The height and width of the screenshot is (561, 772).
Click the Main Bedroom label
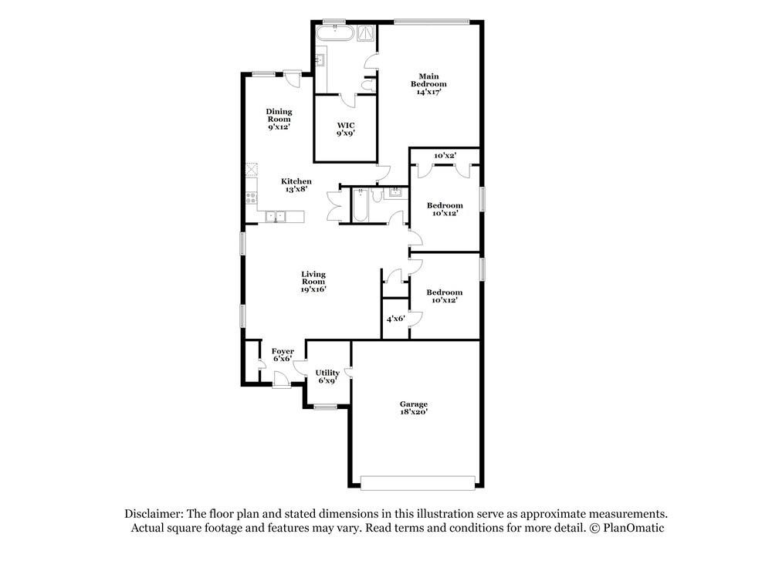(432, 83)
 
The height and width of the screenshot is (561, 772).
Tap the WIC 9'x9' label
(345, 129)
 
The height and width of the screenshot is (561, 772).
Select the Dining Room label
(279, 119)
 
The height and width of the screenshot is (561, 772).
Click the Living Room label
(313, 282)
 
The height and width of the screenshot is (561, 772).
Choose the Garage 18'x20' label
(413, 408)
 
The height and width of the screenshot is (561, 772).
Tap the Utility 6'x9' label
(327, 377)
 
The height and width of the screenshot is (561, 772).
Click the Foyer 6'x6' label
(282, 355)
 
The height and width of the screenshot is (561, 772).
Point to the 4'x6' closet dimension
(395, 318)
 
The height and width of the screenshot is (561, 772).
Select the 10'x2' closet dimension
(444, 156)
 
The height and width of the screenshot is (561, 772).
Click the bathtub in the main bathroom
(334, 34)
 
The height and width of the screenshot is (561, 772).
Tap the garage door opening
(417, 482)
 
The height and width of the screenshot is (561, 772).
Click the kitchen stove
(251, 198)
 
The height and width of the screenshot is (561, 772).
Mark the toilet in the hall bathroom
(375, 196)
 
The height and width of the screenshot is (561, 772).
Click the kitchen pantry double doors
(334, 206)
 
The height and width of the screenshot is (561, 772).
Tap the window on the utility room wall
(325, 406)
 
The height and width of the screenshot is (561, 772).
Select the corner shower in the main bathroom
(366, 32)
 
